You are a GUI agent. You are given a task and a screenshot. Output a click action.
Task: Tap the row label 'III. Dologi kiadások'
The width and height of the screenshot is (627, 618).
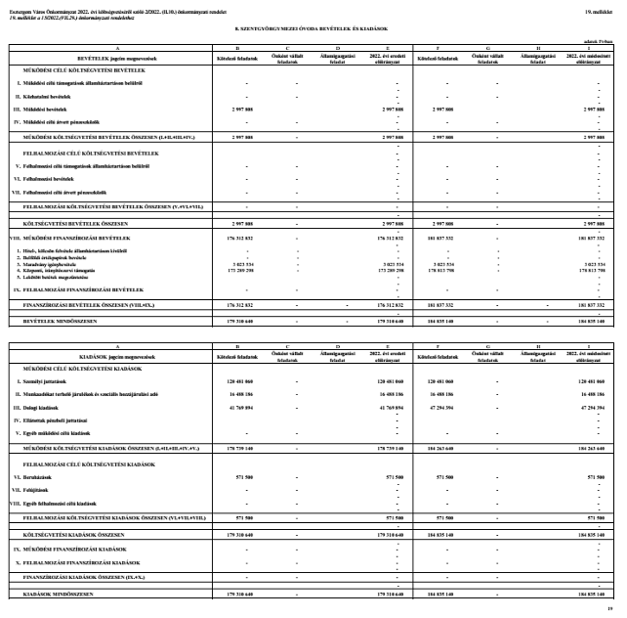click(x=49, y=406)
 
